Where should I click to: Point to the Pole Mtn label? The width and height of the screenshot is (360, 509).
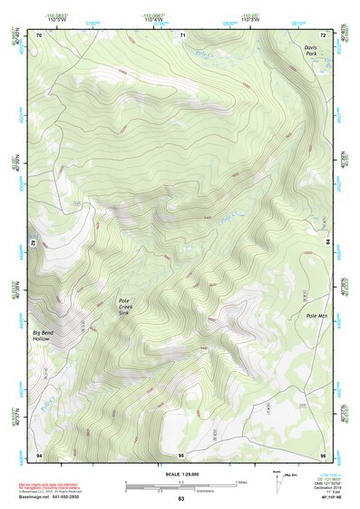click(316, 315)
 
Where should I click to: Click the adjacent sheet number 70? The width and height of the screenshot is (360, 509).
click(39, 34)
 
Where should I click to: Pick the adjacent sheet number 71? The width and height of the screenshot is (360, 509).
click(181, 34)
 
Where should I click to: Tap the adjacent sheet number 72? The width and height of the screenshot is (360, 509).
click(323, 34)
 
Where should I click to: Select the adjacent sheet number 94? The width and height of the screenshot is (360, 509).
click(39, 454)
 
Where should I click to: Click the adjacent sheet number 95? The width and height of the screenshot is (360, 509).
click(181, 454)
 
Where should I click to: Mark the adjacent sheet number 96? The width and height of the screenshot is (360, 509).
click(323, 454)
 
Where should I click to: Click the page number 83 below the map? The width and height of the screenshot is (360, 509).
click(180, 499)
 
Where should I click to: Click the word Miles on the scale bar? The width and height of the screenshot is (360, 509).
click(241, 481)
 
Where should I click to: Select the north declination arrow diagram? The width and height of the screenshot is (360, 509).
click(277, 478)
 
